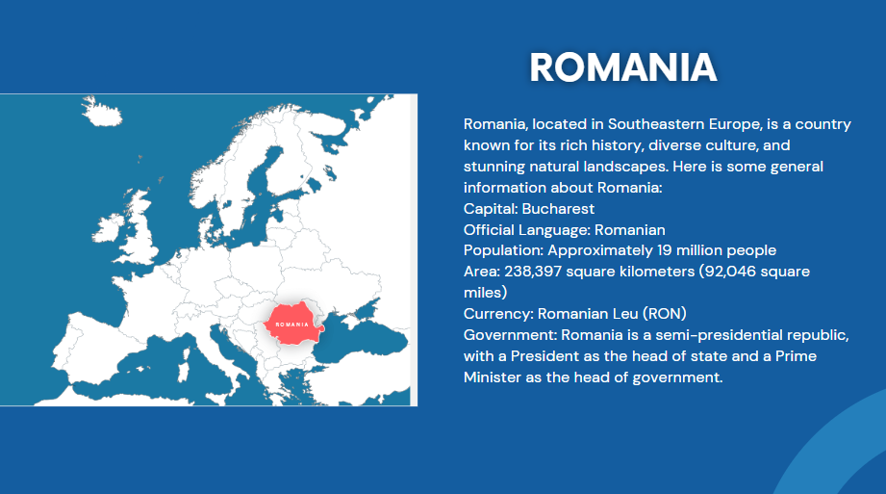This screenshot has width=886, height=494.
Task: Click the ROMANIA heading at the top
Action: click(623, 67)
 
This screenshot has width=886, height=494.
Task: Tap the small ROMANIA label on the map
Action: click(292, 325)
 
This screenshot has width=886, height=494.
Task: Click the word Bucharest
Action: click(558, 209)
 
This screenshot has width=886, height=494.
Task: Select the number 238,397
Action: click(533, 272)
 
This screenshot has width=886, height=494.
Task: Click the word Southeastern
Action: click(656, 124)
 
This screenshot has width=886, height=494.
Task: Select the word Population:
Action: click(503, 250)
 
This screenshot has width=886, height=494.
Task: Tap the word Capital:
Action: click(491, 209)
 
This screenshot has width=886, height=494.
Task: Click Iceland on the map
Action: click(102, 112)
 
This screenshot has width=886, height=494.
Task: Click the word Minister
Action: click(493, 377)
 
